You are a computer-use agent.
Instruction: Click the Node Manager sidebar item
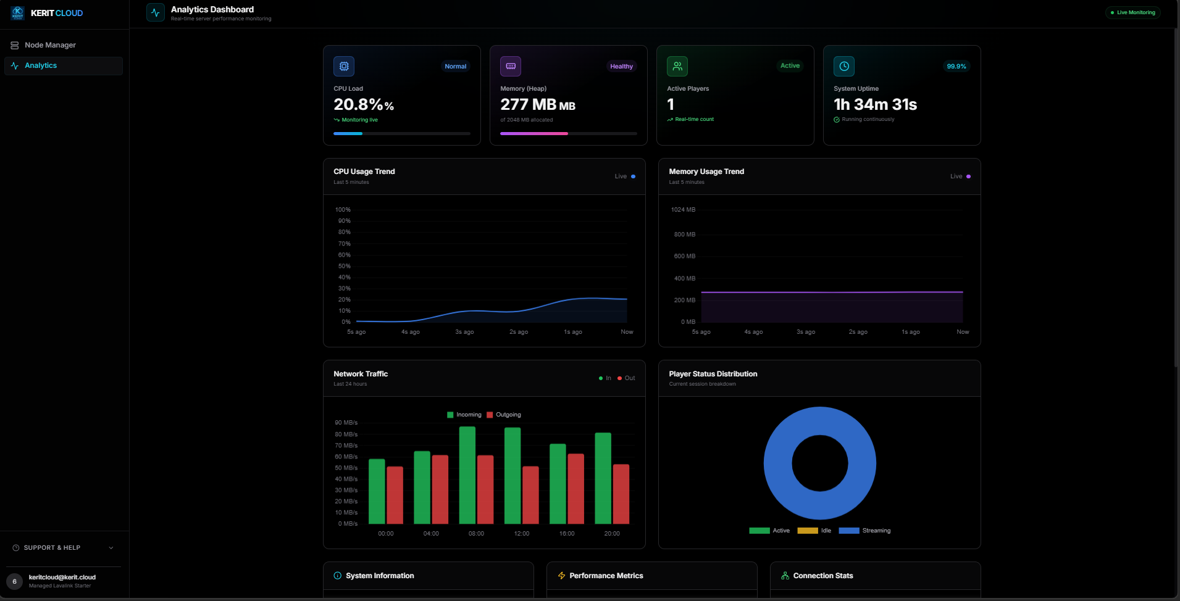49,45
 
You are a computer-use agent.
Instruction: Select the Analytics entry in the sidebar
41,65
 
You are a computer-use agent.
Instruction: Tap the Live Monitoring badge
1133,12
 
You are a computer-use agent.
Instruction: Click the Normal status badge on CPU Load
455,66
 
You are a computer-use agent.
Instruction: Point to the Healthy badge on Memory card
621,66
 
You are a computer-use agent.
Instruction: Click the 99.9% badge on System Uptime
956,66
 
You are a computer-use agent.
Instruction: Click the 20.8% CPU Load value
363,105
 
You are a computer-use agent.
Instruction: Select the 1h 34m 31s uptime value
875,105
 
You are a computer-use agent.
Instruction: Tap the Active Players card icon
677,66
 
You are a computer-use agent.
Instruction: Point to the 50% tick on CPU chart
344,266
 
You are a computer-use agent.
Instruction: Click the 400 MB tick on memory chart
684,278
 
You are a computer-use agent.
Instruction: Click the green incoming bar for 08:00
467,475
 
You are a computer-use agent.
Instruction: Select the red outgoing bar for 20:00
621,494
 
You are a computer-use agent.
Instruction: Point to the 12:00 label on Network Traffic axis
521,534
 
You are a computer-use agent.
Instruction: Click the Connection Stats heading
822,576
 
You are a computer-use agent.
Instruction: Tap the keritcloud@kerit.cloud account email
62,578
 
